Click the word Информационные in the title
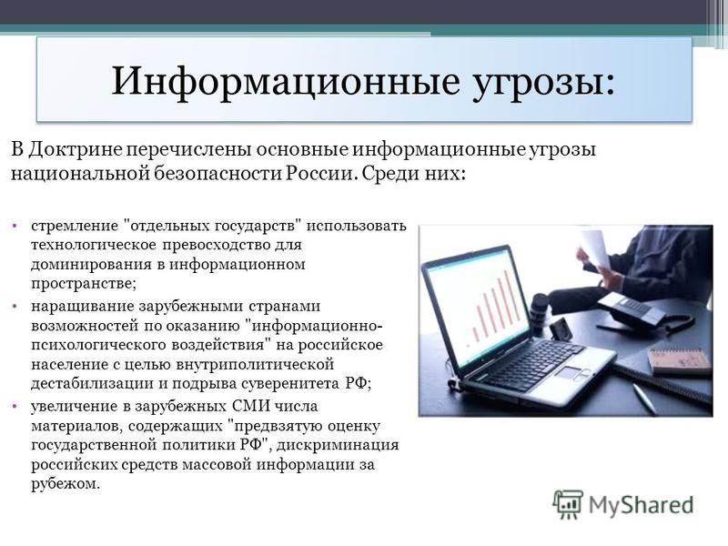pos(286,80)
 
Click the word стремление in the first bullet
pos(75,227)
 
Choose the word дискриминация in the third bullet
pos(337,445)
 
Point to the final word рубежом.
pos(66,484)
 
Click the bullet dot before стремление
pos(15,227)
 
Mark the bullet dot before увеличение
pos(15,407)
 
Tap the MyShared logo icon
pos(567,504)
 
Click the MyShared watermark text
pos(642,505)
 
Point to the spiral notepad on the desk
pos(680,359)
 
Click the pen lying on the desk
pos(644,399)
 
